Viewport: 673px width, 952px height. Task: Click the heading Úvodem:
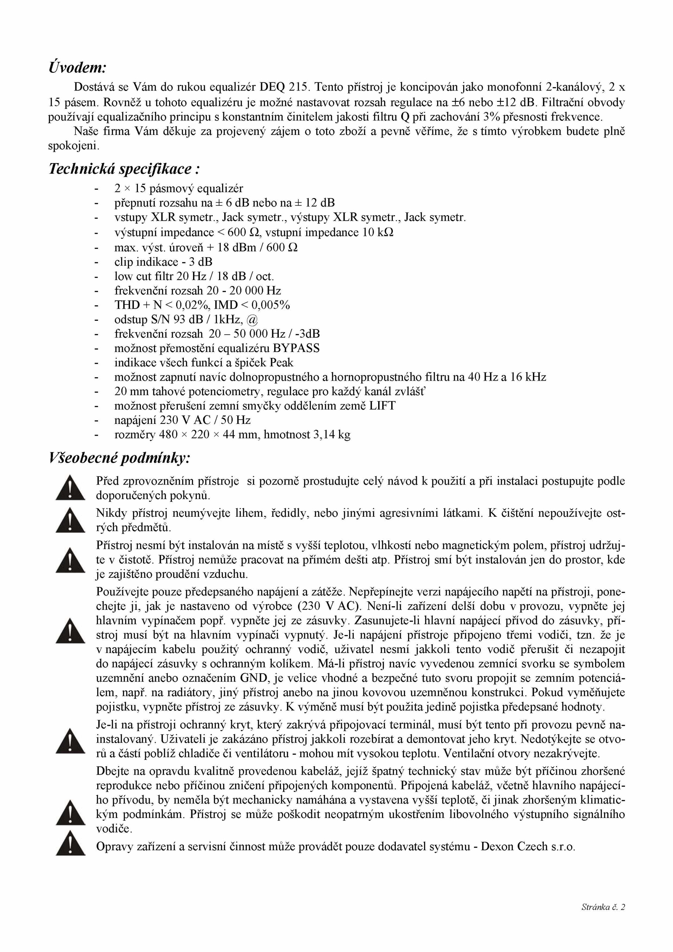[77, 68]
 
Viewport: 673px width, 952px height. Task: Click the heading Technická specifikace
[124, 169]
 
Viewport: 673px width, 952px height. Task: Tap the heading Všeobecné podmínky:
[120, 458]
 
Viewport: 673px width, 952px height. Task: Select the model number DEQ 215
[284, 87]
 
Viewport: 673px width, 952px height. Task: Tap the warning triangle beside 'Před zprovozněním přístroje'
[70, 488]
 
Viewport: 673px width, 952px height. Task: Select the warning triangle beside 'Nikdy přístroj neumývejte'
[70, 521]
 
